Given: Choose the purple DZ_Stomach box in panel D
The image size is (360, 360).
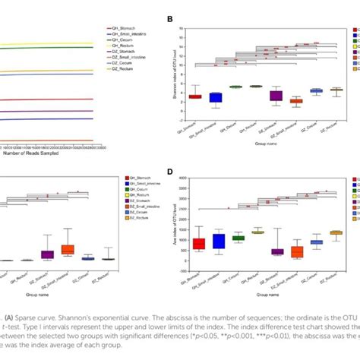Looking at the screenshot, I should click(x=277, y=251).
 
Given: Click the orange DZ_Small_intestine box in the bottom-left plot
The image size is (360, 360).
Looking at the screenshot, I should click(x=68, y=249).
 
